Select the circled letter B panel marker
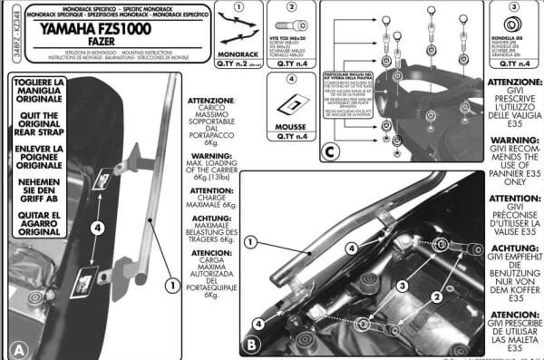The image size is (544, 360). pos(251,345)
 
